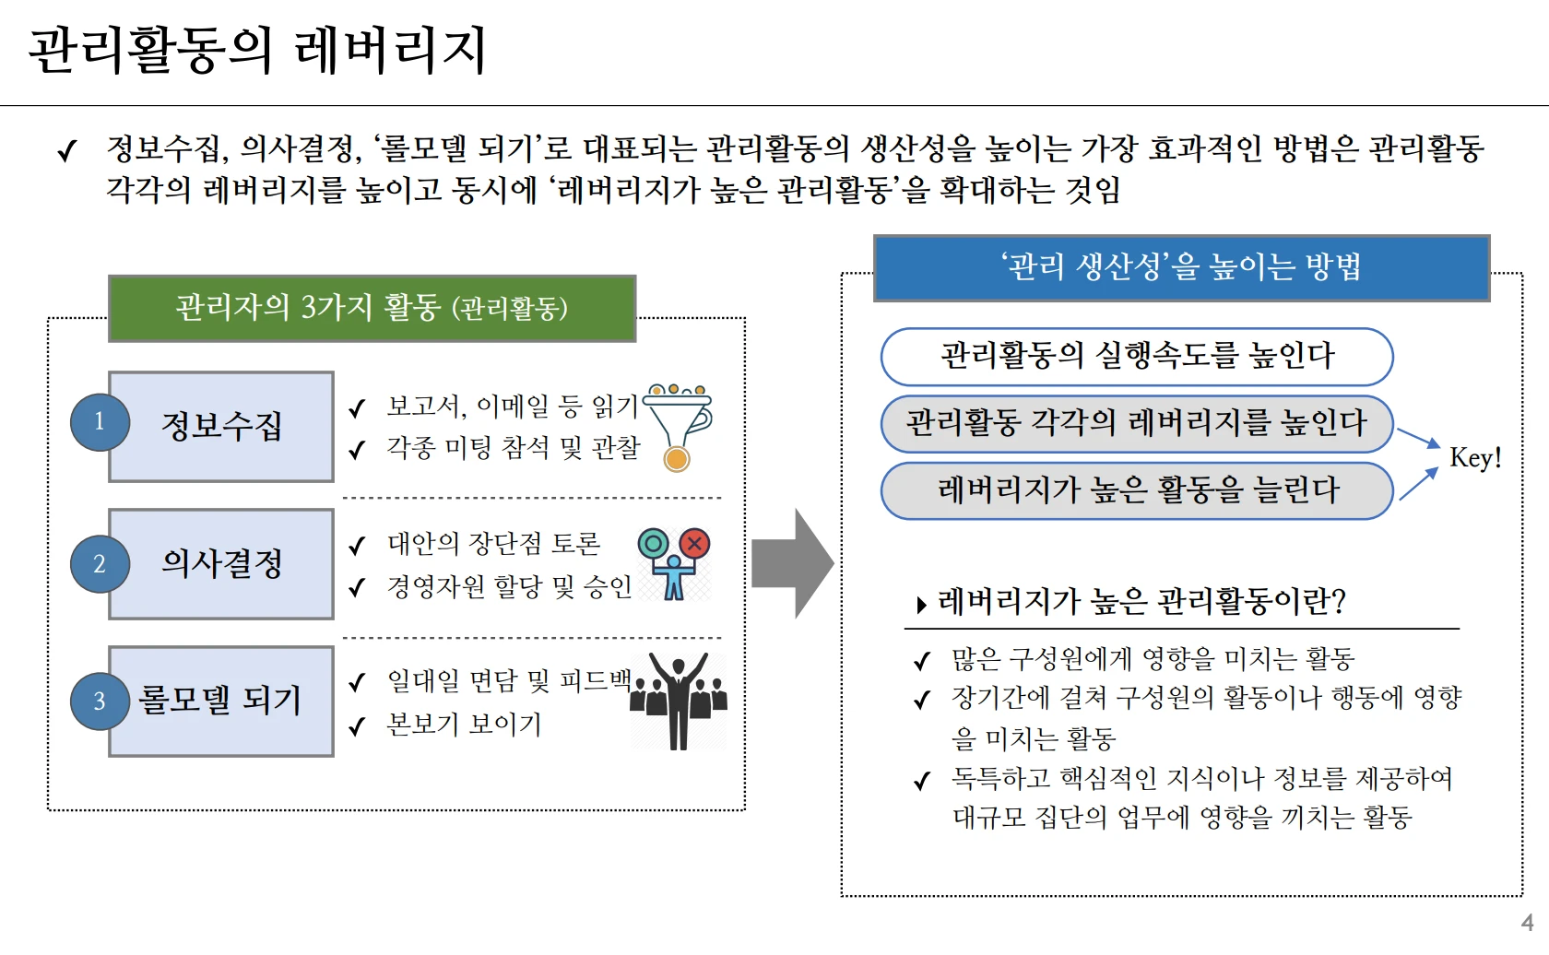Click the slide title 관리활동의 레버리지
coord(258,50)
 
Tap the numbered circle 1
coord(100,422)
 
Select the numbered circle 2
coord(100,563)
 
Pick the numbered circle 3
coord(100,702)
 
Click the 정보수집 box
coord(221,427)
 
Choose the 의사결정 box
coord(221,563)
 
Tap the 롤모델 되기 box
coord(221,702)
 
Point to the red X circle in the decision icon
coord(694,544)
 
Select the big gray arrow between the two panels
coord(793,563)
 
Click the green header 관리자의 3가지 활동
coord(372,309)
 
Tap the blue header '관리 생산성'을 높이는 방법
coord(1182,267)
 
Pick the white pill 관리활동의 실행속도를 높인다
coord(1137,357)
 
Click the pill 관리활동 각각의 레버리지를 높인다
coord(1137,424)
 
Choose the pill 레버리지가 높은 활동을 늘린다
coord(1137,491)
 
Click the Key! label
coord(1475,458)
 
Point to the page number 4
coord(1528,923)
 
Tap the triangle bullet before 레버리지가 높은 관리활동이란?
coord(921,605)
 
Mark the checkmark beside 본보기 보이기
coord(357,726)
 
